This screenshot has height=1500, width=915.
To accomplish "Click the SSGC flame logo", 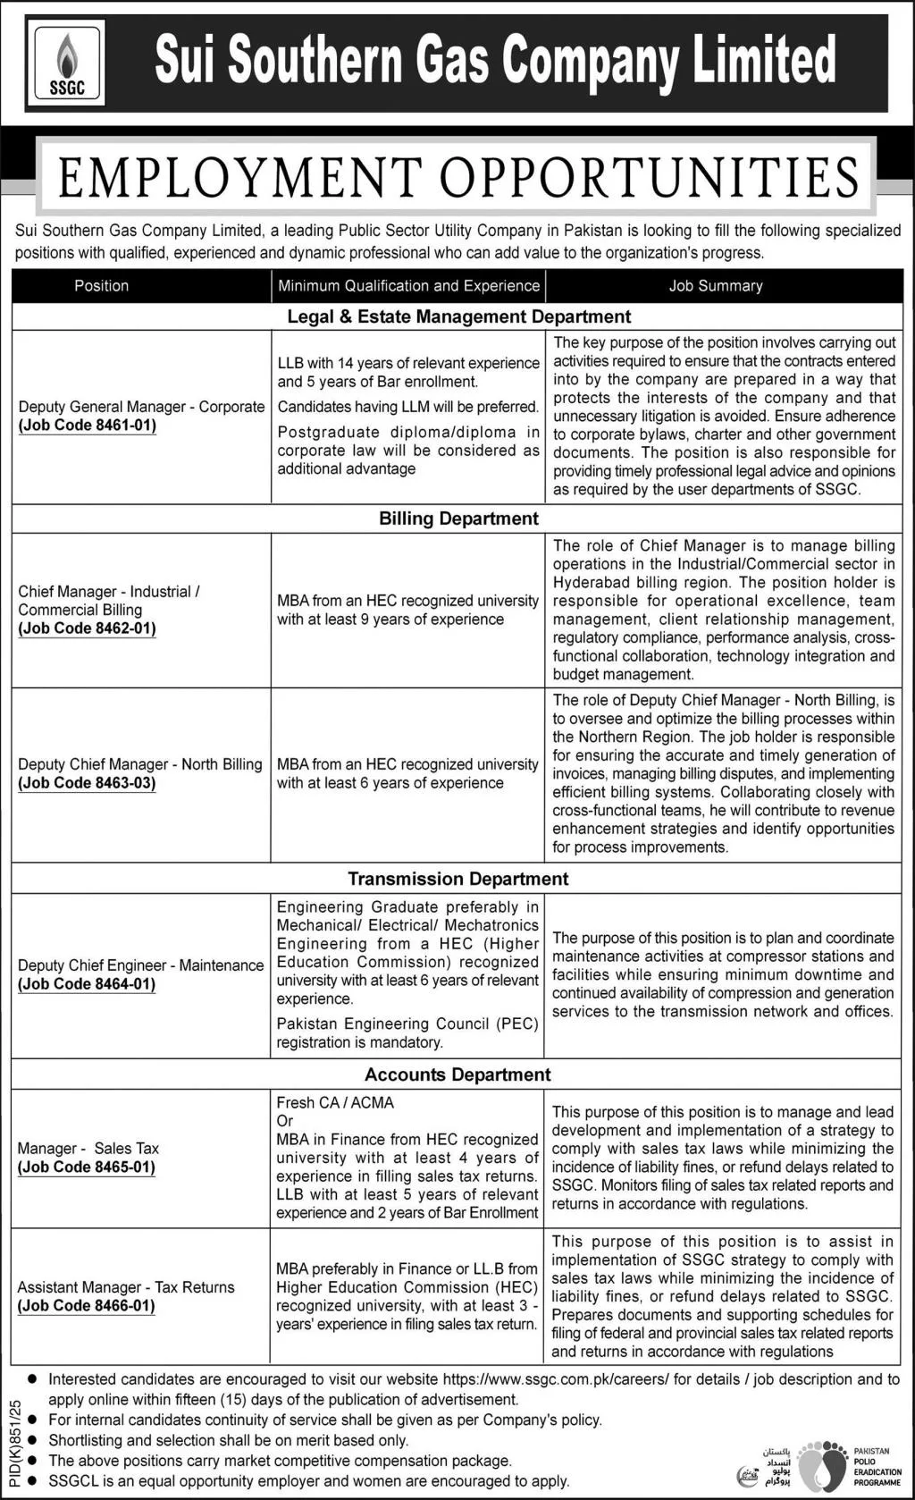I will coord(66,64).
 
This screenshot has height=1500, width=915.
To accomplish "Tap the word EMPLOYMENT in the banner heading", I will coord(241,176).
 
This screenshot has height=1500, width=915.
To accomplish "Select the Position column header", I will coord(101,286).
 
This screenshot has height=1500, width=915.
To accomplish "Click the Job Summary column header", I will coord(716,286).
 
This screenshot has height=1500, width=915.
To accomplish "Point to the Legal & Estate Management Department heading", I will coord(458,316).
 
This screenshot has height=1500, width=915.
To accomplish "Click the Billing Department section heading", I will coord(458,518).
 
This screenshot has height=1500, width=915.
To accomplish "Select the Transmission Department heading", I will coord(458,879).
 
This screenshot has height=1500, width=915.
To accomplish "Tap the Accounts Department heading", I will coord(457,1074).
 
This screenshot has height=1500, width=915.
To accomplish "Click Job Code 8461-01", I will coord(88,426).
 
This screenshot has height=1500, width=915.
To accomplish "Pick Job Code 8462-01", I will coord(88,628).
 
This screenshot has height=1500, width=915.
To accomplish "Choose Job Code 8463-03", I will coord(88,783).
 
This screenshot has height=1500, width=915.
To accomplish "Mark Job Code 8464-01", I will coord(88,984).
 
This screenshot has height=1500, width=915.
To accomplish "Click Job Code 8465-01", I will coord(87,1167).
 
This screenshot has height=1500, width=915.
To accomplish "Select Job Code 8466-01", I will coord(87,1306).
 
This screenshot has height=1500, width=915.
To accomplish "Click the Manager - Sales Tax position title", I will coord(88,1148).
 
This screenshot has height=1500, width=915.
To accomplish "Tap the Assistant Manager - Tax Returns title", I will coord(126,1287).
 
